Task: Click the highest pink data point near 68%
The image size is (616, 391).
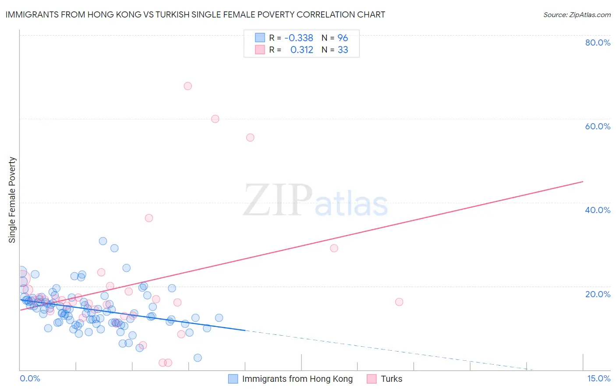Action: click(188, 86)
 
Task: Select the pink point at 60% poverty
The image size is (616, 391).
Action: click(215, 119)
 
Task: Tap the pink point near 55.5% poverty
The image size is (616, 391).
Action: click(250, 138)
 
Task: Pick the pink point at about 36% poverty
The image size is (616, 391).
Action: click(149, 218)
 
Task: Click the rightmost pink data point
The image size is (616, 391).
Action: click(399, 302)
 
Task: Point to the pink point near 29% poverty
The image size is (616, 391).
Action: click(334, 248)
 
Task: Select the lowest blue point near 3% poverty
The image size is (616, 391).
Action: click(198, 358)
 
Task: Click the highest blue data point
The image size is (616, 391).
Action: click(103, 241)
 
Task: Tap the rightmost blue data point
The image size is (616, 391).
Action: click(219, 318)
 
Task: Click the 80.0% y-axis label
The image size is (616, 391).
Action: click(598, 43)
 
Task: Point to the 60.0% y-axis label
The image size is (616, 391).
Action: click(598, 126)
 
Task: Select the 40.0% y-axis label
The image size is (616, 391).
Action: click(598, 210)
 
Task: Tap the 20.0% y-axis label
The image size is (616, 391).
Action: click(598, 294)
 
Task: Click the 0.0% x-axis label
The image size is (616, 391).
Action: click(30, 379)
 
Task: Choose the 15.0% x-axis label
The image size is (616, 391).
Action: click(598, 379)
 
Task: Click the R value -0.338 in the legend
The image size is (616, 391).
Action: click(299, 38)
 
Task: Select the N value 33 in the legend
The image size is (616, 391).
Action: click(343, 50)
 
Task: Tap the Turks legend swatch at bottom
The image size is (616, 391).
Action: click(372, 379)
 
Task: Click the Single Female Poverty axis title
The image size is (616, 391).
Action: click(12, 200)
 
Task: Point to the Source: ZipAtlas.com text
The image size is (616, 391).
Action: click(577, 15)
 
